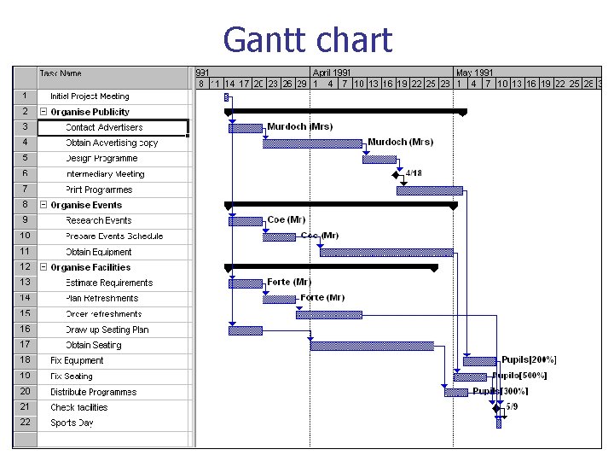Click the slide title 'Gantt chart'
tap(307, 40)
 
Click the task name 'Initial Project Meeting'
tap(90, 96)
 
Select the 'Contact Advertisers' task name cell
tap(104, 128)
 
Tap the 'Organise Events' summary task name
tap(86, 205)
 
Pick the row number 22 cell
tap(25, 423)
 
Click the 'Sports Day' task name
tap(72, 423)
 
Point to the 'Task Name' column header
tap(61, 73)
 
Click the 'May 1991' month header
tap(476, 73)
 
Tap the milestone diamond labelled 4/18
tap(396, 174)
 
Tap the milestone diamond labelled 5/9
tap(496, 407)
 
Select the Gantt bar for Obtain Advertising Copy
tap(313, 143)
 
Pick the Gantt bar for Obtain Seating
tap(372, 346)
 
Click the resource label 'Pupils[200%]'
tap(529, 360)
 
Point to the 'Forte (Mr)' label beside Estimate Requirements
tap(289, 283)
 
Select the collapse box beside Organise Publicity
tap(43, 112)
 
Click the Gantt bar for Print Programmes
tap(430, 190)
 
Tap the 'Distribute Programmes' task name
tap(93, 392)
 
